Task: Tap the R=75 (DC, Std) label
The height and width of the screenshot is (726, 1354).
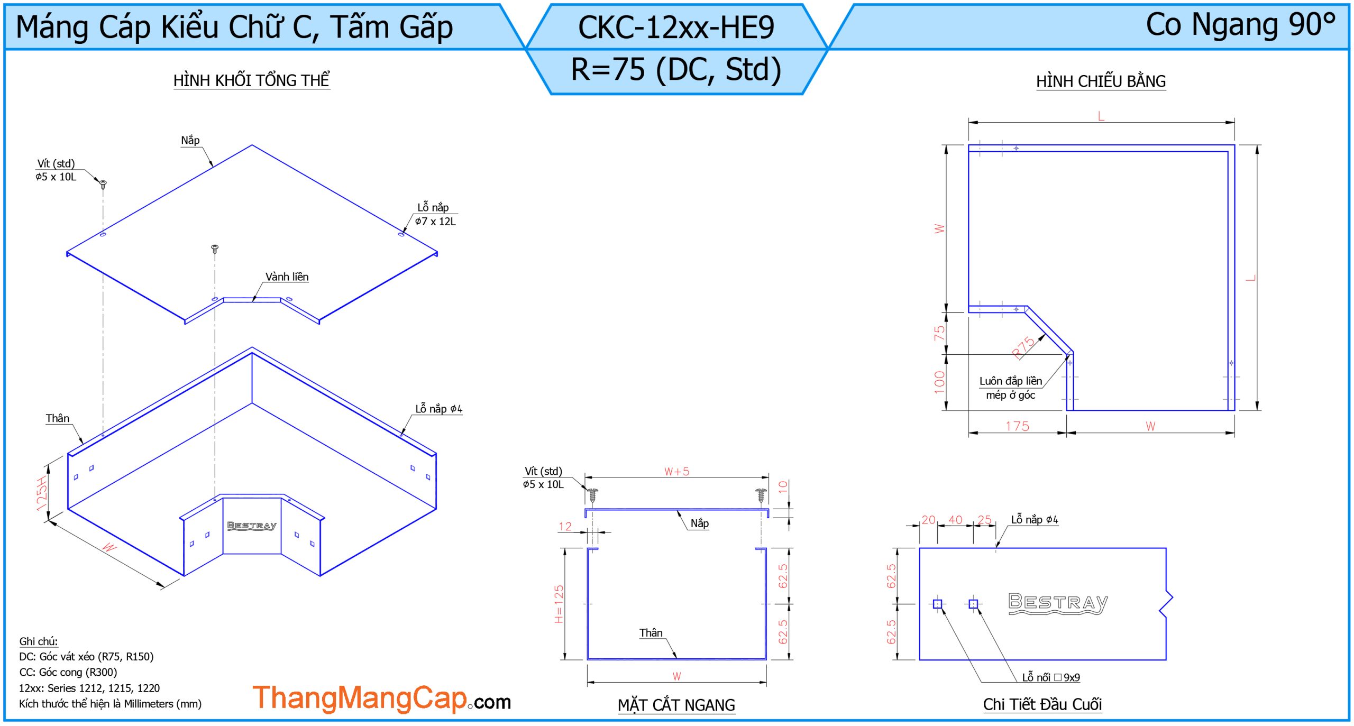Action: pos(676,69)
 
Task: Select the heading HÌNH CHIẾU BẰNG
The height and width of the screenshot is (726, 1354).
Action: pos(1101,81)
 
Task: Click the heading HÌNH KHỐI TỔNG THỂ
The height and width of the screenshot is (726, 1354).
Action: pos(252,80)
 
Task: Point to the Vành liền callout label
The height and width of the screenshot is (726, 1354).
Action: pos(287,277)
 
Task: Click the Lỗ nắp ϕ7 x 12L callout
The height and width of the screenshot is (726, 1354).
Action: pos(435,214)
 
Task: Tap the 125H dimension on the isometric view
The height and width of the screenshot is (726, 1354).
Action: pos(42,493)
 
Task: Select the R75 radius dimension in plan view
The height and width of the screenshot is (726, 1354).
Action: pos(1023,347)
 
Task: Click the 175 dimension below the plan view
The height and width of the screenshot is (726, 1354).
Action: pos(1017,426)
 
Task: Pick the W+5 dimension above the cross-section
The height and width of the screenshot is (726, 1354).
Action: pos(676,471)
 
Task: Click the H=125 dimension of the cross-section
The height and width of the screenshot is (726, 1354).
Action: pos(559,604)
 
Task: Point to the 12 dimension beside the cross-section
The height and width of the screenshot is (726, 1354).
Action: pos(565,527)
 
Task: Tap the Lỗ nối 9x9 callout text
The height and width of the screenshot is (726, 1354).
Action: pos(1051,677)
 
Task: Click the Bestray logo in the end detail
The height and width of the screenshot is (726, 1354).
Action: pos(1058,603)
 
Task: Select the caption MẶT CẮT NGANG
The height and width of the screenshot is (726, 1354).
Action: pos(676,705)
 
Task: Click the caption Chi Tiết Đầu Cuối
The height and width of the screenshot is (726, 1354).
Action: pos(1042,704)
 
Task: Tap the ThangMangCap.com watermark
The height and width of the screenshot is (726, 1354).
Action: pos(382,699)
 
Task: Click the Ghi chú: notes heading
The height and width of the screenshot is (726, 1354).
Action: pos(39,641)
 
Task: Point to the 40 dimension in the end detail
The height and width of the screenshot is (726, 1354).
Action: pos(955,520)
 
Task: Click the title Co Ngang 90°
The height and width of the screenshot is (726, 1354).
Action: pos(1240,24)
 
